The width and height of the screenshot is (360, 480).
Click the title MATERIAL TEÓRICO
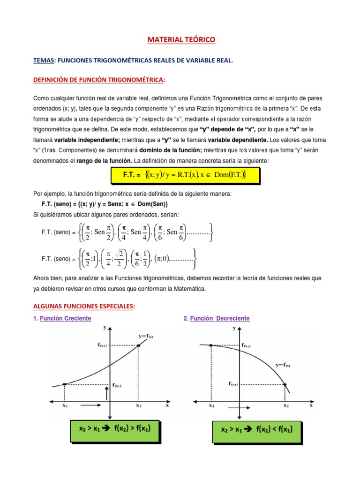pos(181,40)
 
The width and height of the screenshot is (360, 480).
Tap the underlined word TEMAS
pos(44,60)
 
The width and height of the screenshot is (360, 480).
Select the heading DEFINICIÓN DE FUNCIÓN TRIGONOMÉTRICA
pos(99,80)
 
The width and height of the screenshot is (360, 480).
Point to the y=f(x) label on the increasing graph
pos(147,336)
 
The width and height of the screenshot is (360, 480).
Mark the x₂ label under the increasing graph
pos(138,405)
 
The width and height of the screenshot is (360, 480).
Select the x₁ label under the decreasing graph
pos(211,405)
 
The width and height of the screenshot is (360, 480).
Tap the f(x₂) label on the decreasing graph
pos(233,383)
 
